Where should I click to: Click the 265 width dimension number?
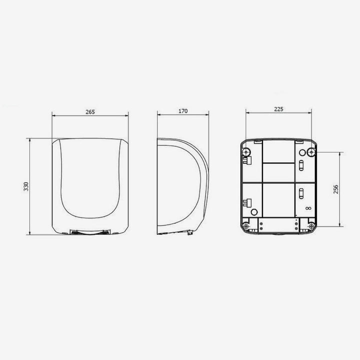90,112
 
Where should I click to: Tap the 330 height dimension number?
26,186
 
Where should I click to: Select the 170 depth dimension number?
183,111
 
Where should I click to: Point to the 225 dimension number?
278,109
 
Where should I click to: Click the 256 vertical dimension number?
336,189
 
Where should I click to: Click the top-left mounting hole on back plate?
246,152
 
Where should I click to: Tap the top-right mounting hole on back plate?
311,152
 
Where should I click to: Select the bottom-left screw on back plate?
246,226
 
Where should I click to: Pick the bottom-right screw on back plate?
311,226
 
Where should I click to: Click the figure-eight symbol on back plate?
308,208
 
